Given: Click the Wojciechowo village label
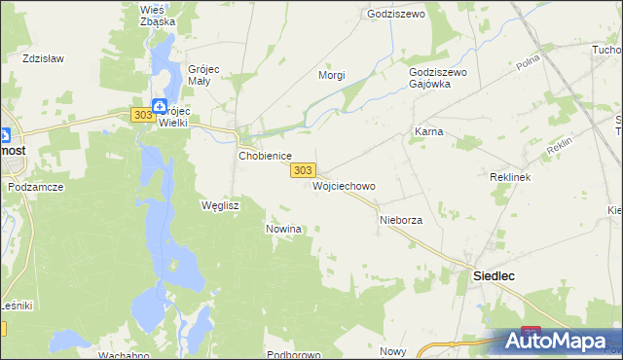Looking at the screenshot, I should [343, 186].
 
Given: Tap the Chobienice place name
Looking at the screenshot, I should [266, 156].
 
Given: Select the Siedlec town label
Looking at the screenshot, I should [494, 276].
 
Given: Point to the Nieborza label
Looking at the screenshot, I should [400, 221].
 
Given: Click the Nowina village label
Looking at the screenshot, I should [284, 229].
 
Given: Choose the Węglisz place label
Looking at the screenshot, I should [219, 206].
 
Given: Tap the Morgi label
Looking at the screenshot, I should [332, 75].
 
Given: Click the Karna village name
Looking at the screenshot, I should [429, 131].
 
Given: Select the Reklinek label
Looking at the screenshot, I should [508, 179].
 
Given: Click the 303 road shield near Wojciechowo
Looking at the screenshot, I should [302, 170].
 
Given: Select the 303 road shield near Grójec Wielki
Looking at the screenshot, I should [141, 115].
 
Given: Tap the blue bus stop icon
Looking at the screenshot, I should [159, 105].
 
